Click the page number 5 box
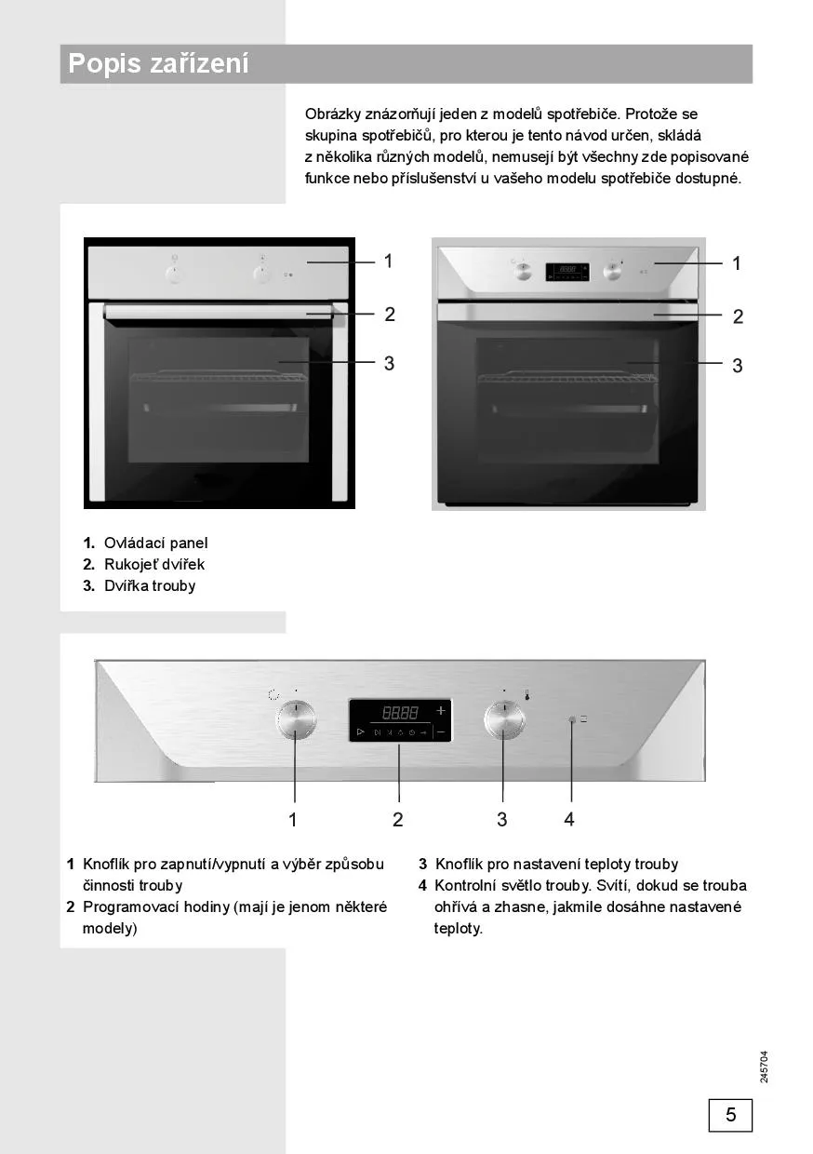click(730, 1115)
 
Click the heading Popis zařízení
click(158, 63)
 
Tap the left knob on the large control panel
click(296, 719)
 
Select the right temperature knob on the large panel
click(505, 719)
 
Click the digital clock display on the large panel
click(400, 720)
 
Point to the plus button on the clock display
click(441, 710)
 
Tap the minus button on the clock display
click(441, 731)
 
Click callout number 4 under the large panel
click(569, 819)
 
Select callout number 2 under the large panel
click(398, 819)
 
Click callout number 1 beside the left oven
click(388, 262)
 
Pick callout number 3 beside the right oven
click(738, 366)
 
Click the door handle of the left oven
click(219, 312)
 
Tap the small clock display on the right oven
click(566, 272)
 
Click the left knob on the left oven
click(174, 274)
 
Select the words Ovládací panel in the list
click(155, 543)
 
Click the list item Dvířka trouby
click(150, 585)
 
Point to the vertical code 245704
click(764, 1067)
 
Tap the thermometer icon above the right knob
click(526, 694)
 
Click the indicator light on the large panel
click(572, 719)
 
